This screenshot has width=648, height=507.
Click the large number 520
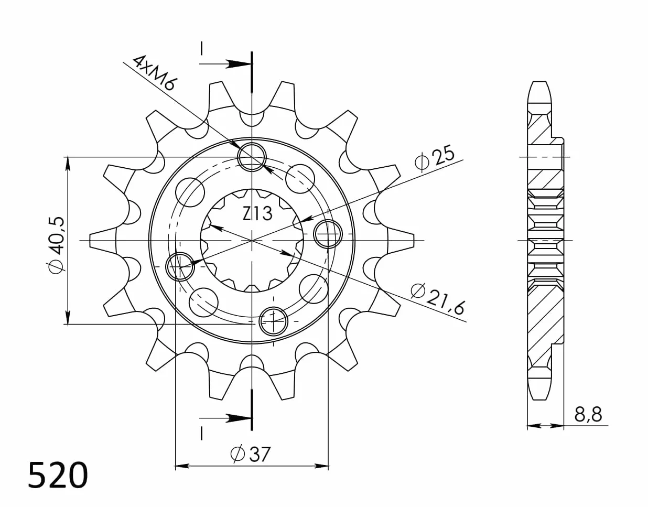[58, 475]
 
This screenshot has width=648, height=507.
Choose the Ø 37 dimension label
[251, 455]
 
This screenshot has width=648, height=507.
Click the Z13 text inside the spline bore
[257, 214]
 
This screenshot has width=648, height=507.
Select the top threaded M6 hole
[252, 157]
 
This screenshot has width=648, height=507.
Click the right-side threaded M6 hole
[328, 234]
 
